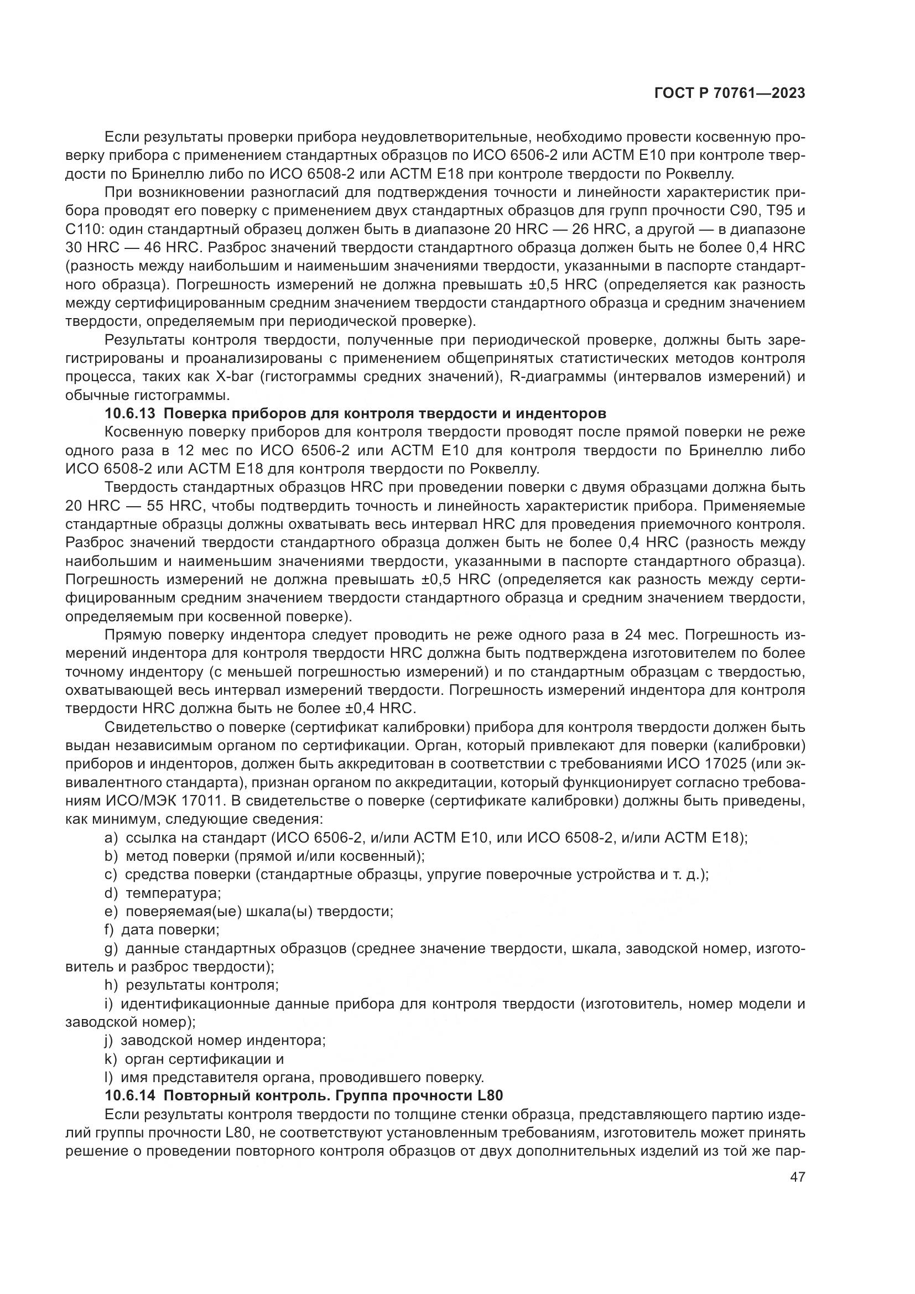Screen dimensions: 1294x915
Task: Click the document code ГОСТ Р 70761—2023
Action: [729, 93]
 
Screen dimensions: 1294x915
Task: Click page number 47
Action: [798, 1177]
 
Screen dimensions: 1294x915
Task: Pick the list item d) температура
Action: [163, 893]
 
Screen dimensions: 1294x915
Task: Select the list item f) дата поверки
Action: [162, 930]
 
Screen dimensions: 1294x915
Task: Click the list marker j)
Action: [110, 1041]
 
